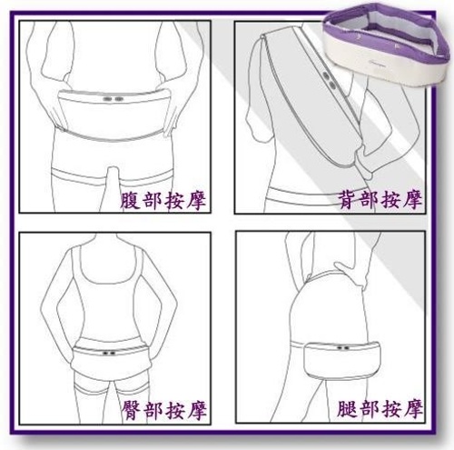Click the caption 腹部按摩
point(163,200)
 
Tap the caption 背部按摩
point(380,200)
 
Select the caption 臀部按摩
point(164,410)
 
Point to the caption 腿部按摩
point(380,410)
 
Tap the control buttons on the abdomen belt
point(113,99)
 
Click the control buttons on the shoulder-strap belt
point(330,79)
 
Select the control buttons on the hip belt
point(109,353)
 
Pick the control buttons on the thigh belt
point(342,348)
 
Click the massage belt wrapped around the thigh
point(342,359)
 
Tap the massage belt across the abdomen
point(113,114)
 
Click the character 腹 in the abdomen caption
point(130,200)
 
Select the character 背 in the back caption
point(349,200)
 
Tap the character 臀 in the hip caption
point(132,410)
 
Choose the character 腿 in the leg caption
point(348,410)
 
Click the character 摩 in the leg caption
point(413,410)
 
